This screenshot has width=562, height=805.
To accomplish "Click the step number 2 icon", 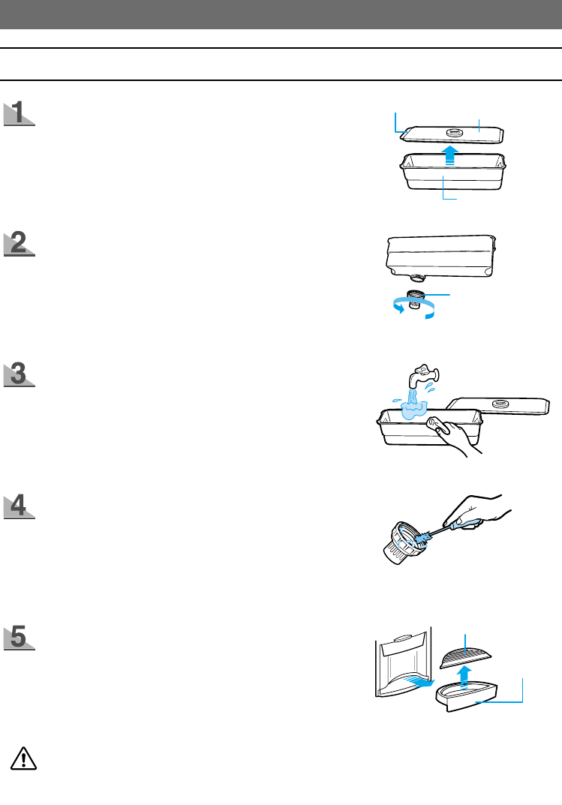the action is tap(20, 245).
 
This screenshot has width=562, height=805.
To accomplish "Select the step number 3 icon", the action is tap(20, 374).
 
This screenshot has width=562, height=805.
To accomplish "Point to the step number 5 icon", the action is tap(20, 637).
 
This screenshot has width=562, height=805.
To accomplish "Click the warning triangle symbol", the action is tap(24, 758).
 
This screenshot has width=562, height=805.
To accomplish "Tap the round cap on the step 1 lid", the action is tap(455, 132).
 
